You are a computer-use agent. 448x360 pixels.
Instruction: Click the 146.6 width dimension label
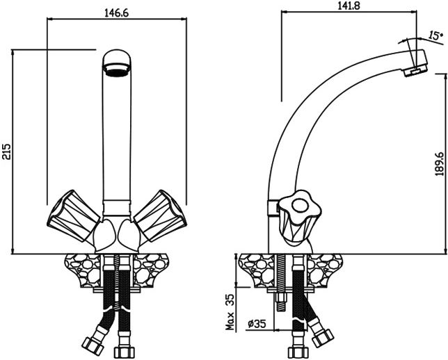coord(117,13)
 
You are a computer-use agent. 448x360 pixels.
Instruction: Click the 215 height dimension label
coord(6,152)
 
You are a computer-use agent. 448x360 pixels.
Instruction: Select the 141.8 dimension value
coord(349,6)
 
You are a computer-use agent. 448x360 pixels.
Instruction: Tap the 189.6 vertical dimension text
coord(440,163)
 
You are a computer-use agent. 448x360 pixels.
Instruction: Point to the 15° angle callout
coord(434,35)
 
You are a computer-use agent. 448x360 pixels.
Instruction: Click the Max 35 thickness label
coord(230,312)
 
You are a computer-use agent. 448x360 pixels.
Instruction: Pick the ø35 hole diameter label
coord(257,324)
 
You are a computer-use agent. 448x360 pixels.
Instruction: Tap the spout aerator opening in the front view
coord(117,69)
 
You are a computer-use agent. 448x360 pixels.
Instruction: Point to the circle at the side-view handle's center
coord(299,205)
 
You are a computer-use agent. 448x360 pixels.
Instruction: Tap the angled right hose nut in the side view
coord(323,338)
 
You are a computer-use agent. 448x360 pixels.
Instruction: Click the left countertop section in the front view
coord(83,270)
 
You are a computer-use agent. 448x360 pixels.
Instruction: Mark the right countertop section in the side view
coord(324,270)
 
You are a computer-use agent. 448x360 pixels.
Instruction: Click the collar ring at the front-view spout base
coord(117,208)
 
